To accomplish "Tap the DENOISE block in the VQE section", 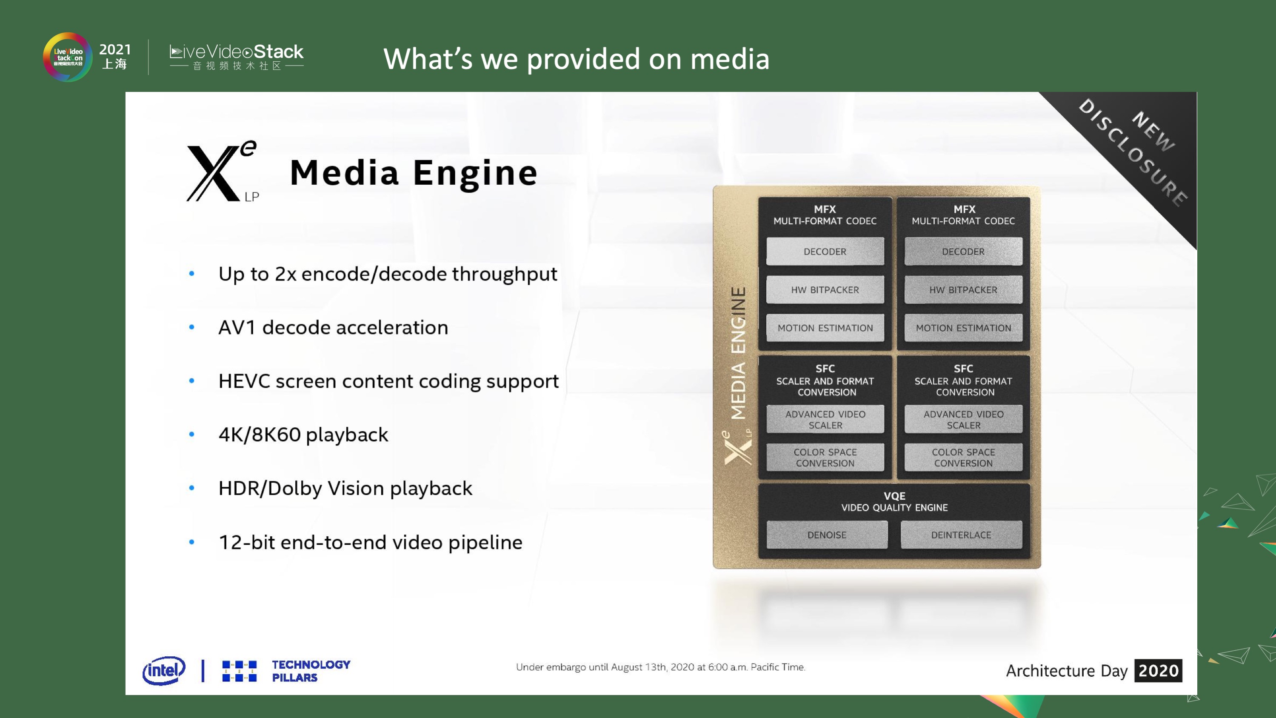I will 827,535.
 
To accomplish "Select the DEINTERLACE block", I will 961,535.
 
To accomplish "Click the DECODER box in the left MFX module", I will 825,251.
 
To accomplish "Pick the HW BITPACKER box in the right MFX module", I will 963,289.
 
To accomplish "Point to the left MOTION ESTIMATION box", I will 825,328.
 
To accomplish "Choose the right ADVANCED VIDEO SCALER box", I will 963,419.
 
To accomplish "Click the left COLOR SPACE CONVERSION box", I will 825,458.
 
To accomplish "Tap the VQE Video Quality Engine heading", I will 894,501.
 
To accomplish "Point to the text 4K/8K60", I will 259,435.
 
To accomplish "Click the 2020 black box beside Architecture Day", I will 1158,670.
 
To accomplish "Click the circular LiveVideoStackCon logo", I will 67,57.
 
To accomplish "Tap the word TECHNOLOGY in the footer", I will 311,664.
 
